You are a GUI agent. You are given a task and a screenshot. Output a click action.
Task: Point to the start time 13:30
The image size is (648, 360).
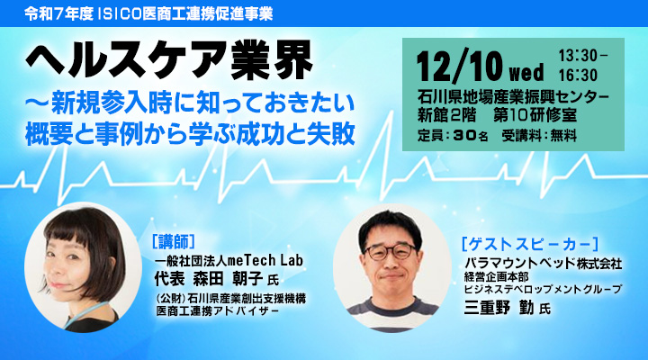coord(583,57)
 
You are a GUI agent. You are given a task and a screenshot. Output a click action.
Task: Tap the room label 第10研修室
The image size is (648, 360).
coord(556,114)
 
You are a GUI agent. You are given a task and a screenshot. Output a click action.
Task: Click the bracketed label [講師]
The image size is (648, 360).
coord(175,243)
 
